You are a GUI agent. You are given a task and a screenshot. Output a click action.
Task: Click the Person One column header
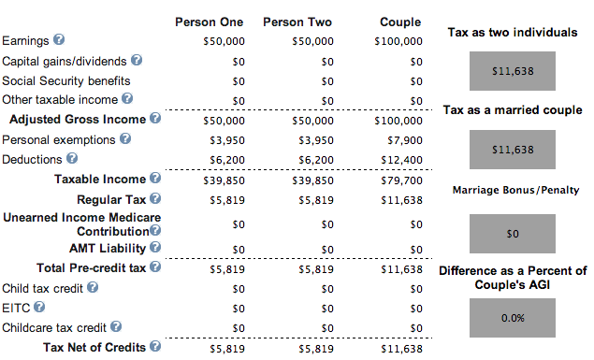pos(210,22)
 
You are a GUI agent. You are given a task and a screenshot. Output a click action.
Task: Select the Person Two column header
pos(297,22)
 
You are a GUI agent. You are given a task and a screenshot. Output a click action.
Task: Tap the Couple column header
pos(400,22)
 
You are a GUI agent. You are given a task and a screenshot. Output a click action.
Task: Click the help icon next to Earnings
pos(59,39)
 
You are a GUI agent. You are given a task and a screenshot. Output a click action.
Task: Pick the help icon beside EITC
pos(39,307)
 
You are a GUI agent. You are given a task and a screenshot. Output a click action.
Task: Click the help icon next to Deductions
pos(72,158)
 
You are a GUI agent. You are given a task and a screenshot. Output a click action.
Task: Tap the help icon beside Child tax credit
pos(93,287)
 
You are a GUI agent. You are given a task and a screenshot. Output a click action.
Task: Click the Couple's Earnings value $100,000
pos(398,41)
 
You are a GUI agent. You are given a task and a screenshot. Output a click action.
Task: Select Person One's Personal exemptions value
pos(227,140)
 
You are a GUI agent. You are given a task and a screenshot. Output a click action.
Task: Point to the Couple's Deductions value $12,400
pos(401,160)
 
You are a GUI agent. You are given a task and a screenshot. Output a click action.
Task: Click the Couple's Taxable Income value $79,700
pos(401,180)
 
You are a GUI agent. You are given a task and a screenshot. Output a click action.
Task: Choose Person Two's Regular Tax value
pos(316,200)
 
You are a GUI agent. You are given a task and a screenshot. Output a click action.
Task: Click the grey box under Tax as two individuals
pos(513,71)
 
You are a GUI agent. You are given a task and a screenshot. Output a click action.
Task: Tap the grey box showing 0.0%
pos(513,318)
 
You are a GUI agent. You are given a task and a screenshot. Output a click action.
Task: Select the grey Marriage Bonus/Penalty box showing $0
pos(513,234)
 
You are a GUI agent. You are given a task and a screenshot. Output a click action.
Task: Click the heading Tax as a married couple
pos(513,110)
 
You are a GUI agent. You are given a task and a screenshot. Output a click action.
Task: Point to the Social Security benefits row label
pos(66,81)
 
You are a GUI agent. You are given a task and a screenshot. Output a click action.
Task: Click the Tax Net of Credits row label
pos(94,347)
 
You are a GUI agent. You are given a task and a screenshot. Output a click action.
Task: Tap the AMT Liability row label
pos(108,249)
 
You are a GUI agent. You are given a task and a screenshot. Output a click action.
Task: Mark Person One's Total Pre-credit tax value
pos(227,269)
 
